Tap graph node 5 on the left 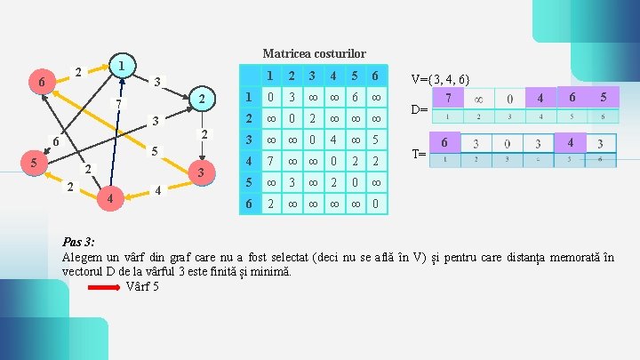(x=33, y=163)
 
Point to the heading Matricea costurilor (x=314, y=53)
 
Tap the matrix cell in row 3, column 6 (x=377, y=140)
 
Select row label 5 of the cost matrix (x=249, y=183)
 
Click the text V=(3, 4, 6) (x=440, y=79)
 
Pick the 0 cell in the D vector (x=508, y=97)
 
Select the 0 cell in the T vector (x=508, y=144)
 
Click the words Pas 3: (x=79, y=242)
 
